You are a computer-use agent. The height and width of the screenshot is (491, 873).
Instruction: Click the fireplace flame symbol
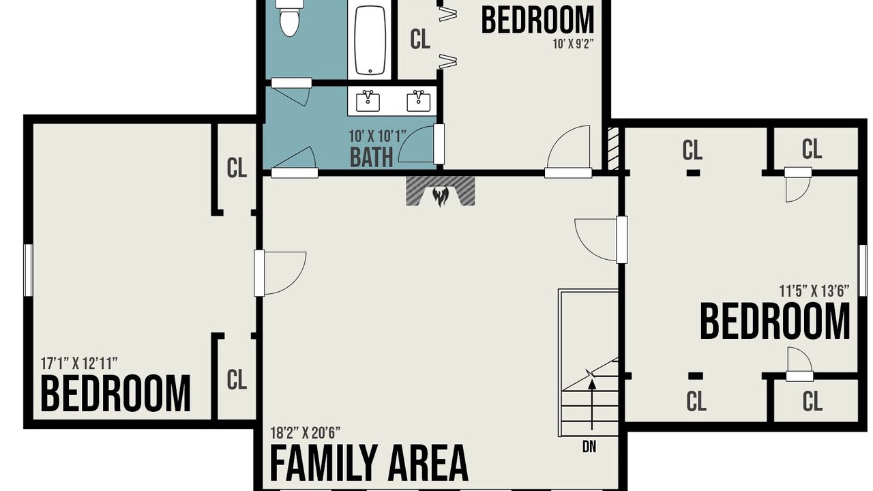(441, 196)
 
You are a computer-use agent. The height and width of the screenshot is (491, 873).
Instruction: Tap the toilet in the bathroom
(289, 18)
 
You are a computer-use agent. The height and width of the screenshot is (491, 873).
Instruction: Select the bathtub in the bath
(370, 39)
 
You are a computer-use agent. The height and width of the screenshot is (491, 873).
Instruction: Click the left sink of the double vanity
(368, 100)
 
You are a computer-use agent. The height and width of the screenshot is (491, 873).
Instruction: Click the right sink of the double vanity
(419, 100)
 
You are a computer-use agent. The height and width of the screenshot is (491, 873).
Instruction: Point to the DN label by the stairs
(589, 447)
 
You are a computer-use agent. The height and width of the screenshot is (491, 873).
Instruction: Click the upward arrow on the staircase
(592, 404)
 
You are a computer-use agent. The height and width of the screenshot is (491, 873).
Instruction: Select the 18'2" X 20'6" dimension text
(305, 432)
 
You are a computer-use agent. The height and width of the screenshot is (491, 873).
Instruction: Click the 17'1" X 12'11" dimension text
(79, 363)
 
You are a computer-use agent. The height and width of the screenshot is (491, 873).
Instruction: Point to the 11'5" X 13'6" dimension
(814, 291)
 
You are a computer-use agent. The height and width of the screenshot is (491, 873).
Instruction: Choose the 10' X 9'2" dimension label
(573, 44)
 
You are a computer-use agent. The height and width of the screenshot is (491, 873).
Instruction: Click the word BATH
(371, 158)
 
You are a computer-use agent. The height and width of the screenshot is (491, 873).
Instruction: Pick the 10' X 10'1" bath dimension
(377, 136)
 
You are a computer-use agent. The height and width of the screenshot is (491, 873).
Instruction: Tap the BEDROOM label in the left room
(116, 393)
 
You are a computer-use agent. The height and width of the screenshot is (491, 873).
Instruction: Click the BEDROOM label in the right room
(775, 323)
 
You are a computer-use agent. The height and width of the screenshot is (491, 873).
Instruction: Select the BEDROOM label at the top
(538, 20)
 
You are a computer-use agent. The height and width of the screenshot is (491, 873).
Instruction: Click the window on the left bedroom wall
(28, 269)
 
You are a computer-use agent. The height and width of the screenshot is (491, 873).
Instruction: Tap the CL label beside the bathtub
(420, 39)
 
